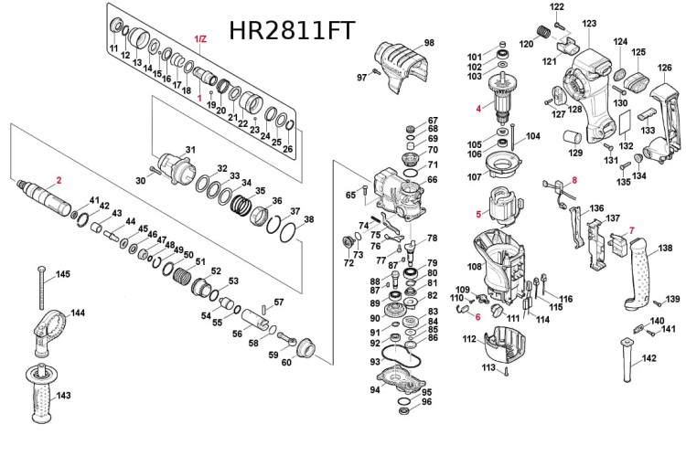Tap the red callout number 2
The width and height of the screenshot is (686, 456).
pos(59,180)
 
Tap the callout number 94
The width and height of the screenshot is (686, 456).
pos(374,390)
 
